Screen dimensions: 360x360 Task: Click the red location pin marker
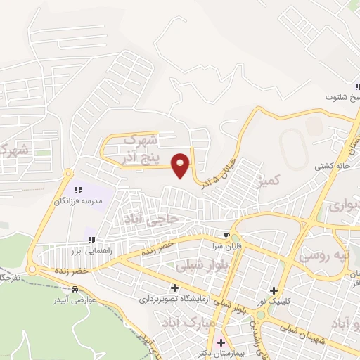point(181,164)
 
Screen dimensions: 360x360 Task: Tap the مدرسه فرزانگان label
point(79,200)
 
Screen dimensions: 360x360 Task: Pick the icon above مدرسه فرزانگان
point(79,189)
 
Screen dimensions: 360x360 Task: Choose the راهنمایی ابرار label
point(86,250)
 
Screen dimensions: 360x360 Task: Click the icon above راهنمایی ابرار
point(90,240)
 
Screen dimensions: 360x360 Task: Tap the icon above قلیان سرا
point(226,236)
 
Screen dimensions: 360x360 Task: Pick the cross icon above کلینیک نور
point(274,290)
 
